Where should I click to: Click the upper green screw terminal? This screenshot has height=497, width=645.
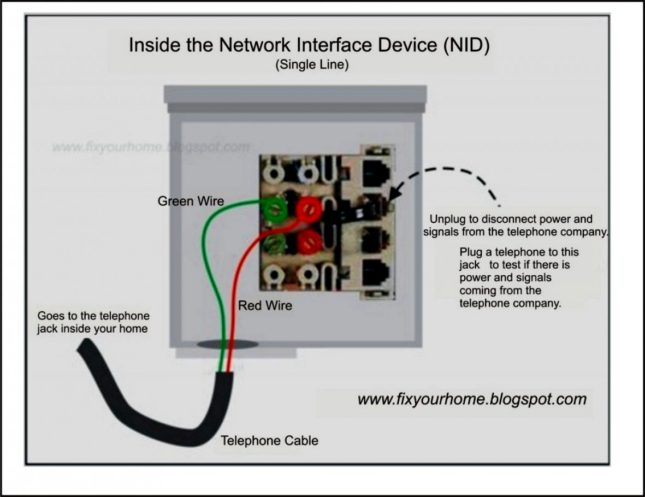274,209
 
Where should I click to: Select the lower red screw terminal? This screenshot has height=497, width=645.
309,239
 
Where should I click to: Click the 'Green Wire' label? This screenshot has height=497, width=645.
191,201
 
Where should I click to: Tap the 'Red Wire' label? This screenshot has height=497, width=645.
265,305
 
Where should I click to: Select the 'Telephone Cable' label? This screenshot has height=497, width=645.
269,440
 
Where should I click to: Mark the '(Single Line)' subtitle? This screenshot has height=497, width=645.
312,64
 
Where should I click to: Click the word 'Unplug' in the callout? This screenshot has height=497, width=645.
446,219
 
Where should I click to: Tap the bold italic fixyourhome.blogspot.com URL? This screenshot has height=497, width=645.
472,399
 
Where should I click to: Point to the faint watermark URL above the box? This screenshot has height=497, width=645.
151,147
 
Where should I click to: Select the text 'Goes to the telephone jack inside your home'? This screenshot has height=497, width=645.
93,322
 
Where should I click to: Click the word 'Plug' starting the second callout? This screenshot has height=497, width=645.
471,252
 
